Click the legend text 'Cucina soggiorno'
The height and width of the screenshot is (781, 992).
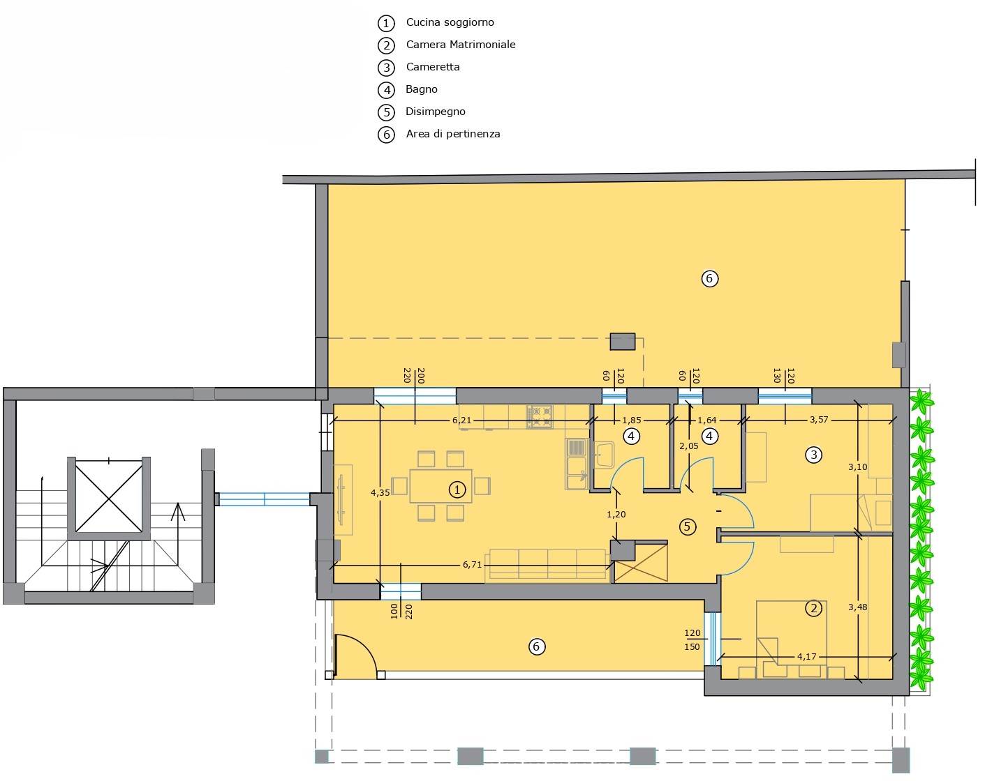click(450, 22)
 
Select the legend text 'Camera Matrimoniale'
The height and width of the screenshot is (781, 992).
click(461, 45)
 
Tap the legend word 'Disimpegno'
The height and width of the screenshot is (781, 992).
click(435, 112)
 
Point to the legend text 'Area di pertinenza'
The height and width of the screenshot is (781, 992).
click(452, 134)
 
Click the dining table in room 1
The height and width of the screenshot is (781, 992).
click(441, 486)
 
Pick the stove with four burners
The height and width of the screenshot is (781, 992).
click(540, 417)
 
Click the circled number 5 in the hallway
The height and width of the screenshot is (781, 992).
click(688, 526)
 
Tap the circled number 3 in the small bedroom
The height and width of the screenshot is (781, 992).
click(813, 455)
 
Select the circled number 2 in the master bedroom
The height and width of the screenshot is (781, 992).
click(813, 608)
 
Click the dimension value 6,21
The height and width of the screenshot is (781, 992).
click(461, 420)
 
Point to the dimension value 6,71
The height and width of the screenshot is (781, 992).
click(472, 565)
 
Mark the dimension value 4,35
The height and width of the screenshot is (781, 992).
click(380, 493)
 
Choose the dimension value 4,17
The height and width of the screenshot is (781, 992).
click(807, 657)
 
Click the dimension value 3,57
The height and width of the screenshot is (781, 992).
click(819, 420)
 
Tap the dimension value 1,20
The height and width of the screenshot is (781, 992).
click(616, 515)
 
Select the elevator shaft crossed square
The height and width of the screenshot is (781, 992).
click(109, 496)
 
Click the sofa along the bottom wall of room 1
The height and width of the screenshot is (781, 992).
click(548, 563)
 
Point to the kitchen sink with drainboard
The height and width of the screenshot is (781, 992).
click(577, 463)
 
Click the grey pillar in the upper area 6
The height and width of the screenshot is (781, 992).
click(622, 342)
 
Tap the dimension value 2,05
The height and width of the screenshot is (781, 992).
click(689, 446)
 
